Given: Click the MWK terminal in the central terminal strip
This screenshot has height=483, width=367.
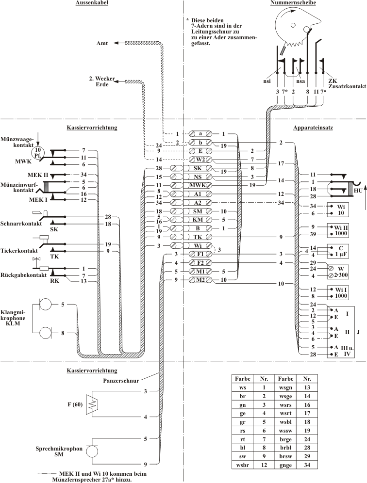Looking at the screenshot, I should pyautogui.click(x=200, y=185).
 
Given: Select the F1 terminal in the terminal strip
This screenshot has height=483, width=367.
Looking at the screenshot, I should pyautogui.click(x=200, y=254).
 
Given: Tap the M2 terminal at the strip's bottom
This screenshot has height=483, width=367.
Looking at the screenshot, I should pyautogui.click(x=200, y=280).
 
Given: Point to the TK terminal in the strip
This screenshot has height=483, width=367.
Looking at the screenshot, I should pyautogui.click(x=200, y=237).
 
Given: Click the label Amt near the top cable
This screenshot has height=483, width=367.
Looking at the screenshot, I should pyautogui.click(x=102, y=43).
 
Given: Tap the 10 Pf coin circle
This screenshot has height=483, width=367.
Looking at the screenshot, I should pyautogui.click(x=38, y=151).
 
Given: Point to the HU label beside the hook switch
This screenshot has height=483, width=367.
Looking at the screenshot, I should pyautogui.click(x=358, y=191).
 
